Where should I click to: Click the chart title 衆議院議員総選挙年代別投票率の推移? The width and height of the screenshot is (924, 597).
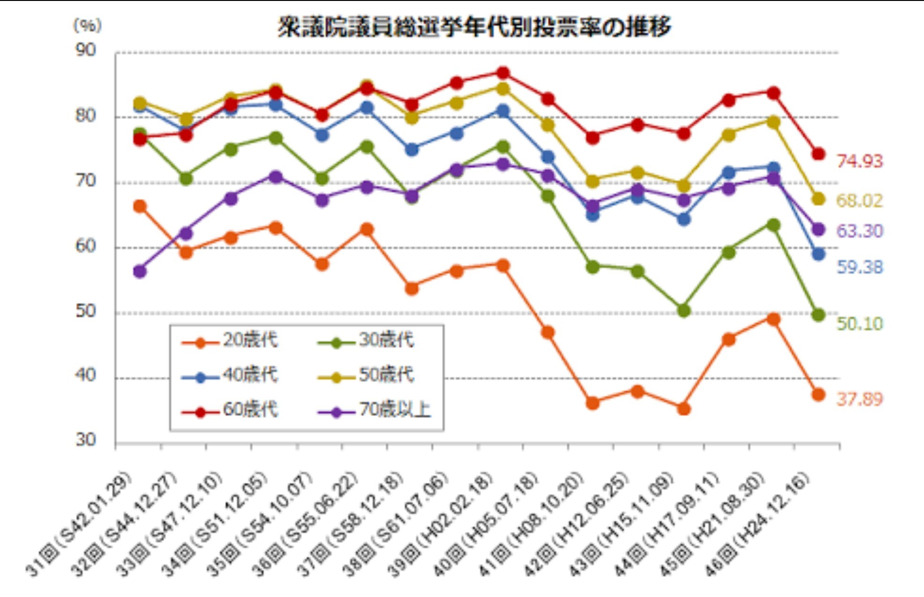pyautogui.click(x=474, y=27)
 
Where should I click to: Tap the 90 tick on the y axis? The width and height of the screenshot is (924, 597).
pyautogui.click(x=86, y=50)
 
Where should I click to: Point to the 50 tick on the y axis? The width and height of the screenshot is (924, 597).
pyautogui.click(x=86, y=311)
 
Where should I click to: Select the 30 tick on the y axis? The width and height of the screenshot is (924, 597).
pyautogui.click(x=86, y=440)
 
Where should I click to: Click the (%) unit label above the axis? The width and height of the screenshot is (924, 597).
pyautogui.click(x=87, y=25)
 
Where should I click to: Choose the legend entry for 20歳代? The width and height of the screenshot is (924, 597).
pyautogui.click(x=230, y=340)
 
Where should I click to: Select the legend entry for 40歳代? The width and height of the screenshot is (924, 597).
pyautogui.click(x=230, y=375)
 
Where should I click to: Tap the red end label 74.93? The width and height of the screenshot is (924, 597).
pyautogui.click(x=859, y=161)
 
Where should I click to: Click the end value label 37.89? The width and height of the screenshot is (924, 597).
pyautogui.click(x=859, y=399)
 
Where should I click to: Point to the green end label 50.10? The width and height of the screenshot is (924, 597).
pyautogui.click(x=859, y=324)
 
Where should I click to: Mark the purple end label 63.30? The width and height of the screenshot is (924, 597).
pyautogui.click(x=859, y=231)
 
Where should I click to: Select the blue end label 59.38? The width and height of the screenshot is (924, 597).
pyautogui.click(x=859, y=267)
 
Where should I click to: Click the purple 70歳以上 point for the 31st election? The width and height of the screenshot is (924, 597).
pyautogui.click(x=140, y=271)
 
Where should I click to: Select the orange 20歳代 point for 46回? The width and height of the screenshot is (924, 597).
pyautogui.click(x=818, y=395)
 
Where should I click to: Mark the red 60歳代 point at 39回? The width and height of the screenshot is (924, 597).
pyautogui.click(x=503, y=73)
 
